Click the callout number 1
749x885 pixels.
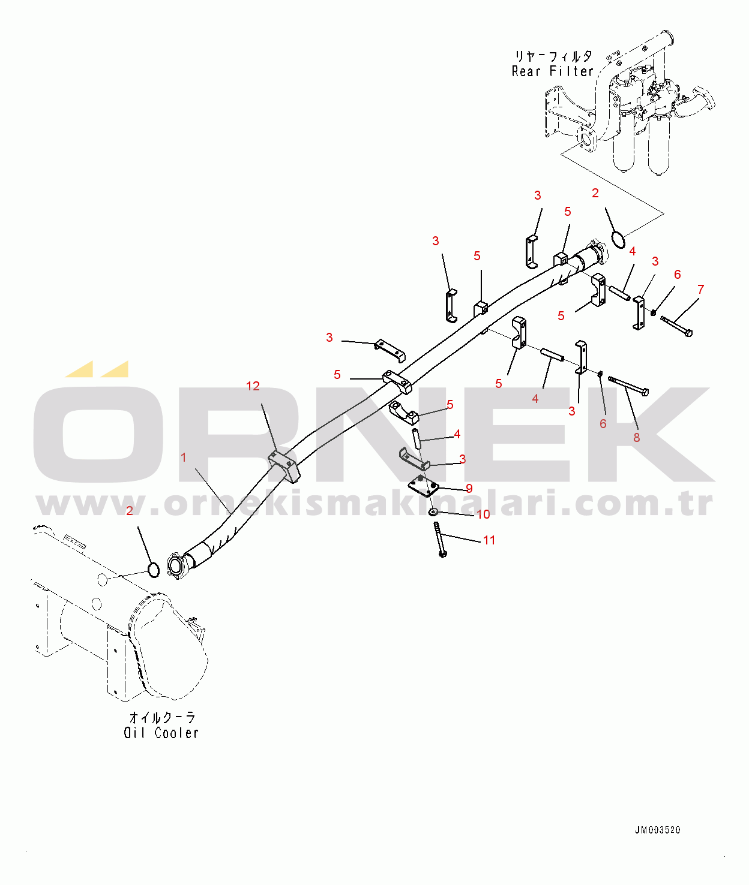tap(184, 457)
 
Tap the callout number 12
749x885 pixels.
tap(253, 386)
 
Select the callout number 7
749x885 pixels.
tap(700, 290)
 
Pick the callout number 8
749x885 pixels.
tap(637, 438)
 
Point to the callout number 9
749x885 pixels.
tap(469, 489)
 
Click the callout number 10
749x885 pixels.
tap(483, 514)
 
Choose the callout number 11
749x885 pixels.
tap(489, 540)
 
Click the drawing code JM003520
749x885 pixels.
tap(658, 830)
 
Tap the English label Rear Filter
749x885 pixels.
tap(552, 71)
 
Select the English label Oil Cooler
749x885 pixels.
tap(161, 733)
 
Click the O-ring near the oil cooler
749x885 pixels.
tap(154, 570)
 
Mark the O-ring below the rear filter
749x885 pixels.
tap(618, 240)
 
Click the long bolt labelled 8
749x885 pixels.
tap(628, 386)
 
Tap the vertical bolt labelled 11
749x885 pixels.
tap(439, 539)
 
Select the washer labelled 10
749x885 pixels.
tap(433, 512)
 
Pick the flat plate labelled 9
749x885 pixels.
tap(424, 486)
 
